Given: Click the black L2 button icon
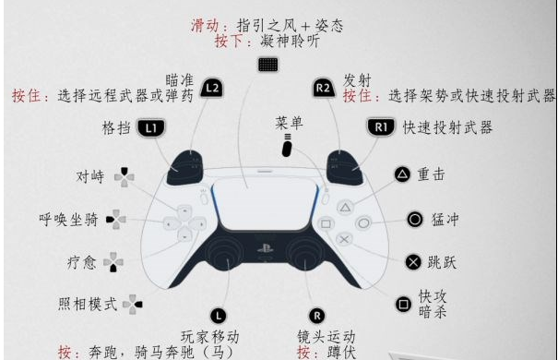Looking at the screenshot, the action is pos(212,88).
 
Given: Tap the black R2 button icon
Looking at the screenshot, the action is pos(324,88).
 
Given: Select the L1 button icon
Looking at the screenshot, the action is pos(151,127).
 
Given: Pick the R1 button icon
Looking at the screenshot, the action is pos(381,126).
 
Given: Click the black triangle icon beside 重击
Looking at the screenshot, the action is pos(402,174).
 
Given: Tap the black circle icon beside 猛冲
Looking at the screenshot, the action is pos(415,220).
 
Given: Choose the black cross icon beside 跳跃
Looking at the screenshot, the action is pos(413,262).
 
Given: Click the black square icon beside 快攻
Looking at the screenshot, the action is pos(404,305).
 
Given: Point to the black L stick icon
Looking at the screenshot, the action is pos(219,316).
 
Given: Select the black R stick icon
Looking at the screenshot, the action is pos(316,316).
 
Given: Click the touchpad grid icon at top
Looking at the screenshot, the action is pos(268,65).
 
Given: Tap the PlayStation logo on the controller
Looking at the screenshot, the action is pos(266,247).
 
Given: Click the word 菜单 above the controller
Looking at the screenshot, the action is pos(289,123).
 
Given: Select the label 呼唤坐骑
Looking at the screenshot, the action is pos(68,220).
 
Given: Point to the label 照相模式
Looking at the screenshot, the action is pos(88,304).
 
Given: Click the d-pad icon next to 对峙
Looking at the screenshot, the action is pos(125,177).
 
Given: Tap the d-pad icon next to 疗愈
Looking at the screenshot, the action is pos(113,262).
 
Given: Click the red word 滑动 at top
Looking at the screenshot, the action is pos(205,26).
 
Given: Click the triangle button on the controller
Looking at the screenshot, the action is pos(345,208).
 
